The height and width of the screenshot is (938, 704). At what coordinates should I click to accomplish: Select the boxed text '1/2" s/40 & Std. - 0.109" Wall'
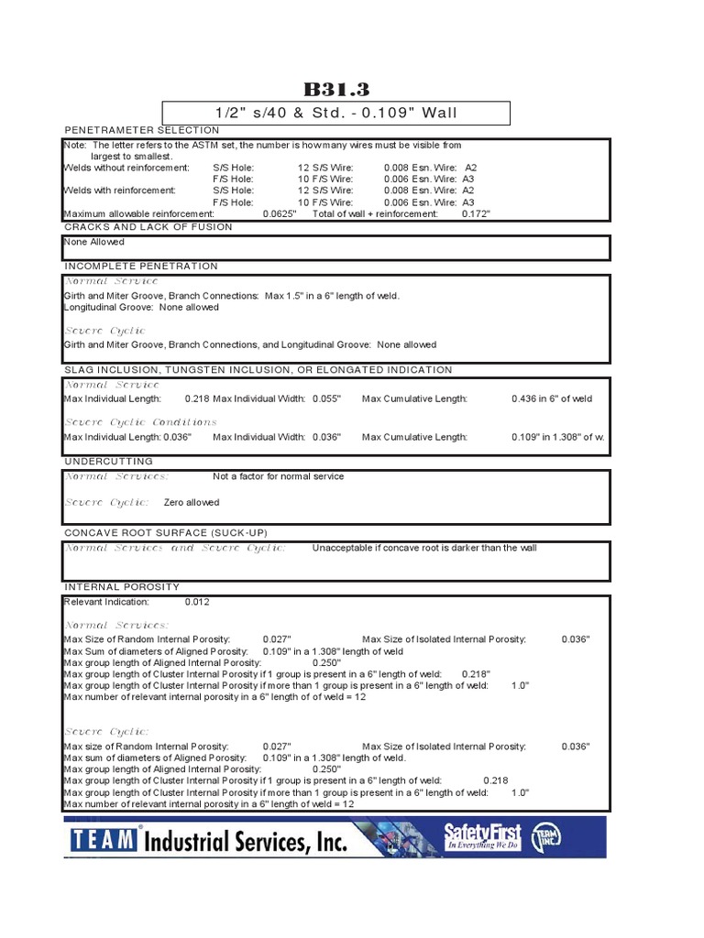[335, 114]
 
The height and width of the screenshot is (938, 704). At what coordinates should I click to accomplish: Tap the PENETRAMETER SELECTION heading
[141, 130]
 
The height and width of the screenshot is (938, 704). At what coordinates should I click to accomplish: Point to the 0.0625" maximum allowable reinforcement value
[280, 213]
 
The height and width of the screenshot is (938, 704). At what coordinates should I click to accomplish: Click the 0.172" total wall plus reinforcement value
[476, 213]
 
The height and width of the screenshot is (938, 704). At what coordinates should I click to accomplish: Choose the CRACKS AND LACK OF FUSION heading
[148, 226]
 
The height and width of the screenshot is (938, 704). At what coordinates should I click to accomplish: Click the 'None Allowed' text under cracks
[93, 242]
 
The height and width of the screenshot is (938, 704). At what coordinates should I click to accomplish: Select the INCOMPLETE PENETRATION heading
[140, 266]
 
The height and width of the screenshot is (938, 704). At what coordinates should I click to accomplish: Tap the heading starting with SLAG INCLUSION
[258, 370]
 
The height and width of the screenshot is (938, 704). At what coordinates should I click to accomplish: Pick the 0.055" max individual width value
[326, 398]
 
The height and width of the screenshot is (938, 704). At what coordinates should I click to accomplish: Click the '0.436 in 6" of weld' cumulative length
[551, 398]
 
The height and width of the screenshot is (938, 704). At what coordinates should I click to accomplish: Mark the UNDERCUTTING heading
[108, 462]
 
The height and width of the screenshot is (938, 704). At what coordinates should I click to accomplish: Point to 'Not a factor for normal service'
[278, 476]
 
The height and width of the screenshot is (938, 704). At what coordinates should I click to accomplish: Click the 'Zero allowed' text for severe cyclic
[192, 502]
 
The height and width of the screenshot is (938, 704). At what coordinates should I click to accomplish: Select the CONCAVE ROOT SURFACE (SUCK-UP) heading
[165, 532]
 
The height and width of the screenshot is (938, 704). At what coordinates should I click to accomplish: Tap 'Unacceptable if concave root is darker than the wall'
[424, 548]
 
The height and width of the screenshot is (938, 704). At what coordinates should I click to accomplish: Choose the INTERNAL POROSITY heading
[121, 586]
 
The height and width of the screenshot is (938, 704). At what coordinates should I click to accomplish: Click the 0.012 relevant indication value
[197, 602]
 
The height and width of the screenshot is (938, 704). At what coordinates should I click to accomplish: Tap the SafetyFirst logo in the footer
[482, 835]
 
